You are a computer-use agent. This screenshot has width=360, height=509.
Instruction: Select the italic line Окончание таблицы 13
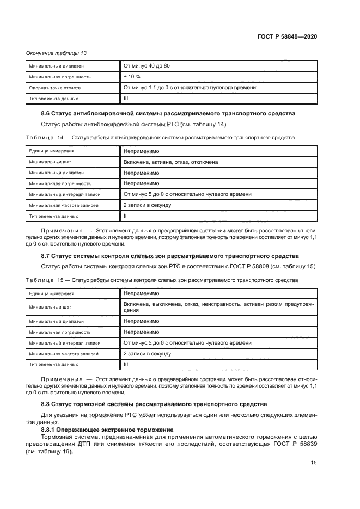pos(56,53)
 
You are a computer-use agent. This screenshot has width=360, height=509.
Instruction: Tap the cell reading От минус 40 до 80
pos(147,66)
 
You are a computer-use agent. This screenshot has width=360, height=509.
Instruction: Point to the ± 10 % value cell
pos(132,77)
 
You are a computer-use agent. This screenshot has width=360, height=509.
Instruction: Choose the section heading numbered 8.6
pos(168,114)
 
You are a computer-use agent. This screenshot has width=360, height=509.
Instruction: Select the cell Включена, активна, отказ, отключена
pos(170,162)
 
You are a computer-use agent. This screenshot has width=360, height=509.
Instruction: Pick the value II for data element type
pos(125,216)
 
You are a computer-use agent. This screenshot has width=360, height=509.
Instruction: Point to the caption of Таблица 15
pos(161,280)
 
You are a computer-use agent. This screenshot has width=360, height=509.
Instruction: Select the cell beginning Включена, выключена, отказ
pos(218,306)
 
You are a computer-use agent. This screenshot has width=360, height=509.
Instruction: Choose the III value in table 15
pos(126,364)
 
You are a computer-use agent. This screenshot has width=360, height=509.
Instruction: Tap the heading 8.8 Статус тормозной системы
pos(154,404)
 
